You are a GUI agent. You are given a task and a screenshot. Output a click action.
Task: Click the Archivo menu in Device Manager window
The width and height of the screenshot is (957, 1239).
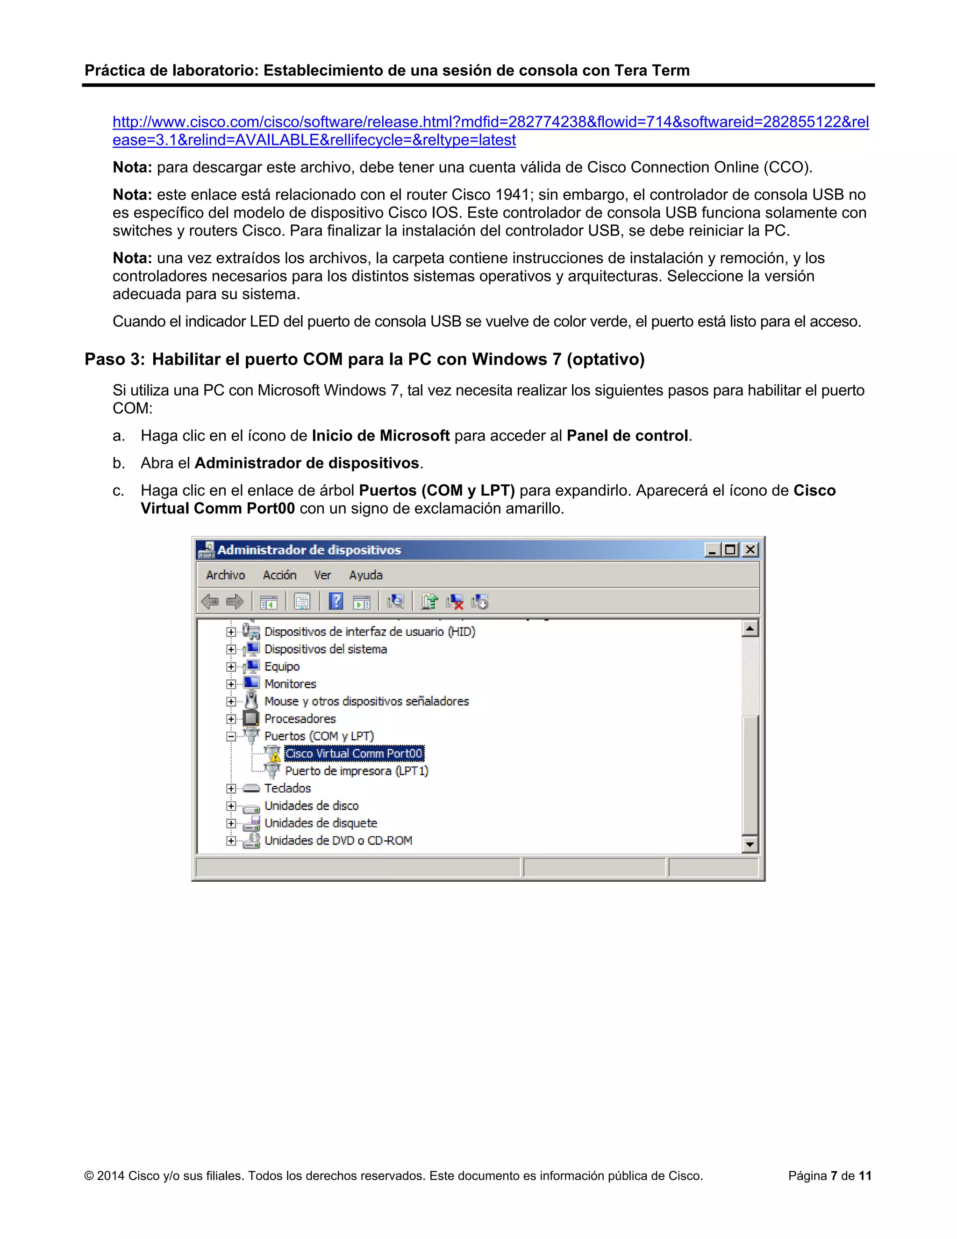click(x=225, y=575)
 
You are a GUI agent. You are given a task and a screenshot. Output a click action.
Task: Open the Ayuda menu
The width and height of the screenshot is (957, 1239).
click(x=366, y=575)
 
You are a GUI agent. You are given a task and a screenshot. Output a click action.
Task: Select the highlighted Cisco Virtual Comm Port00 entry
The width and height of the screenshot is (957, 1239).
click(x=354, y=753)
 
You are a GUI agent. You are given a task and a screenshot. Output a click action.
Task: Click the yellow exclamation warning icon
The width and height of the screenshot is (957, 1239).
click(x=275, y=757)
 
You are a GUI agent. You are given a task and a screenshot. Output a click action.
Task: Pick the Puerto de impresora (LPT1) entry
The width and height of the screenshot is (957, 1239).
click(x=356, y=771)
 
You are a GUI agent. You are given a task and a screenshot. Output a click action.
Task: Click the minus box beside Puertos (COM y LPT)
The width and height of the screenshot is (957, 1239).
click(x=231, y=736)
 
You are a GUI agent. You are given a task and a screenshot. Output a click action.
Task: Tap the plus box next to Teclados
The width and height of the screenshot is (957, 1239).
click(x=231, y=789)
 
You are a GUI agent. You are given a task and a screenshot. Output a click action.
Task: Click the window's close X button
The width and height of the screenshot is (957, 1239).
click(x=750, y=550)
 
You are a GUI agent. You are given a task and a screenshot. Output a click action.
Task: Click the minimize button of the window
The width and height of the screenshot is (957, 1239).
click(x=712, y=550)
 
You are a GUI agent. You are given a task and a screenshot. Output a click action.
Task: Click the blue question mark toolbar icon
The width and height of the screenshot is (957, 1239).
click(x=336, y=601)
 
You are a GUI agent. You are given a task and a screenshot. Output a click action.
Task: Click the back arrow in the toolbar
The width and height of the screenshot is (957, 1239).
click(x=210, y=601)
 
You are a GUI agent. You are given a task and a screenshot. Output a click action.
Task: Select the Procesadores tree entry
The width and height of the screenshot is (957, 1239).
click(x=300, y=719)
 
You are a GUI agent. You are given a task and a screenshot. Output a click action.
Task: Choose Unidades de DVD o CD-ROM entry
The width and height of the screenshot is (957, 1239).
click(x=338, y=841)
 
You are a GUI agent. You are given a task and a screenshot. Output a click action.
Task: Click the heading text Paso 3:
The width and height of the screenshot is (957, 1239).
click(x=114, y=360)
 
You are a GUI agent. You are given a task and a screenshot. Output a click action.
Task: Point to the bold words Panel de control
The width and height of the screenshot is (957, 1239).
click(x=627, y=436)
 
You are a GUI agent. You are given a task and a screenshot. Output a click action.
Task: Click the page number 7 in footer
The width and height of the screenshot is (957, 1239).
click(x=834, y=1175)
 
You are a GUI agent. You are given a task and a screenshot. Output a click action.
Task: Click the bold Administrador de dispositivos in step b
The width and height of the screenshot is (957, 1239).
click(x=307, y=463)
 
